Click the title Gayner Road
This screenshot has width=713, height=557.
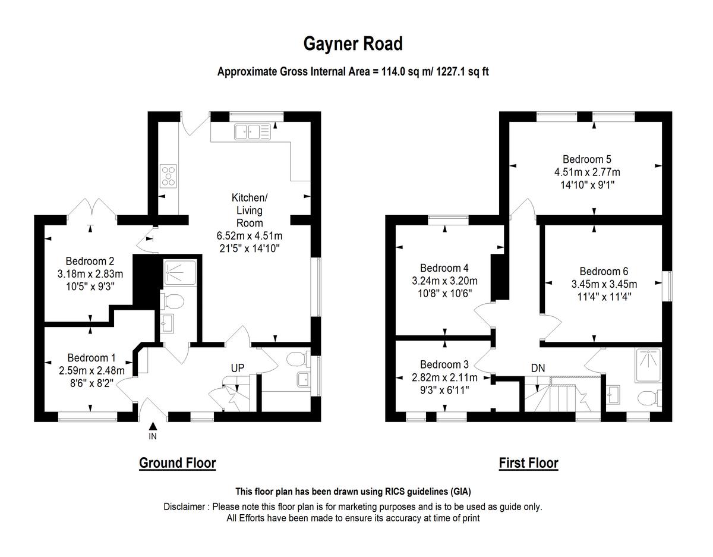click(x=353, y=43)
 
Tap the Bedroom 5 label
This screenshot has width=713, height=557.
click(x=587, y=159)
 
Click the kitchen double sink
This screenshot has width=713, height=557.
click(x=252, y=131)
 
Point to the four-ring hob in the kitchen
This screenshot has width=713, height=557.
click(x=168, y=176)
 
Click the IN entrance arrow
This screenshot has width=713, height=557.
click(x=153, y=426)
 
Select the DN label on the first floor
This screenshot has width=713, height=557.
click(x=538, y=368)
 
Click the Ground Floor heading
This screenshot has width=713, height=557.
click(x=177, y=462)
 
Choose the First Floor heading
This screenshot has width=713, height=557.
click(x=528, y=462)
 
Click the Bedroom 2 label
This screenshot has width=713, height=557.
click(x=90, y=261)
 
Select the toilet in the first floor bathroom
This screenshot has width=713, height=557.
click(x=648, y=396)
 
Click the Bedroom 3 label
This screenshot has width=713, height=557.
click(x=444, y=364)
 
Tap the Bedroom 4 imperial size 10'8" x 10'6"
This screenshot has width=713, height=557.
click(x=444, y=293)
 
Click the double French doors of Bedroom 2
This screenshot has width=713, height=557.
click(x=91, y=209)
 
